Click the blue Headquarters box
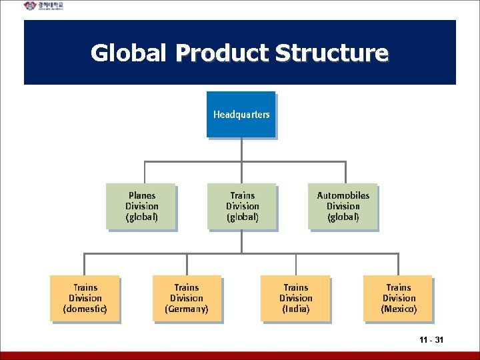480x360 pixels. [x=241, y=115]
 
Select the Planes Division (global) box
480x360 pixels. [x=141, y=206]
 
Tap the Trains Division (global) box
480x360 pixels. [x=242, y=206]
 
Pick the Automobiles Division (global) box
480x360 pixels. [x=343, y=206]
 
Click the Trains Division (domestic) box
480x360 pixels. [x=85, y=298]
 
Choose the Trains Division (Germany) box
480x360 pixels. [x=187, y=298]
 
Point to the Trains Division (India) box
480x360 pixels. [x=296, y=298]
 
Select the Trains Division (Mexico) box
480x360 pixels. [x=399, y=298]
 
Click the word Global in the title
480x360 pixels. [x=128, y=53]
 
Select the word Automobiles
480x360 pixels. [x=343, y=195]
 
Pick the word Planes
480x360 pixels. [x=141, y=195]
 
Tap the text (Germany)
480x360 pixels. [x=187, y=309]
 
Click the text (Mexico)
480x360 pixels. [x=399, y=309]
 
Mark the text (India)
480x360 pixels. [x=296, y=309]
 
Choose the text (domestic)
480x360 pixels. [x=85, y=309]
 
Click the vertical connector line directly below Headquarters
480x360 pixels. [x=242, y=149]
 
